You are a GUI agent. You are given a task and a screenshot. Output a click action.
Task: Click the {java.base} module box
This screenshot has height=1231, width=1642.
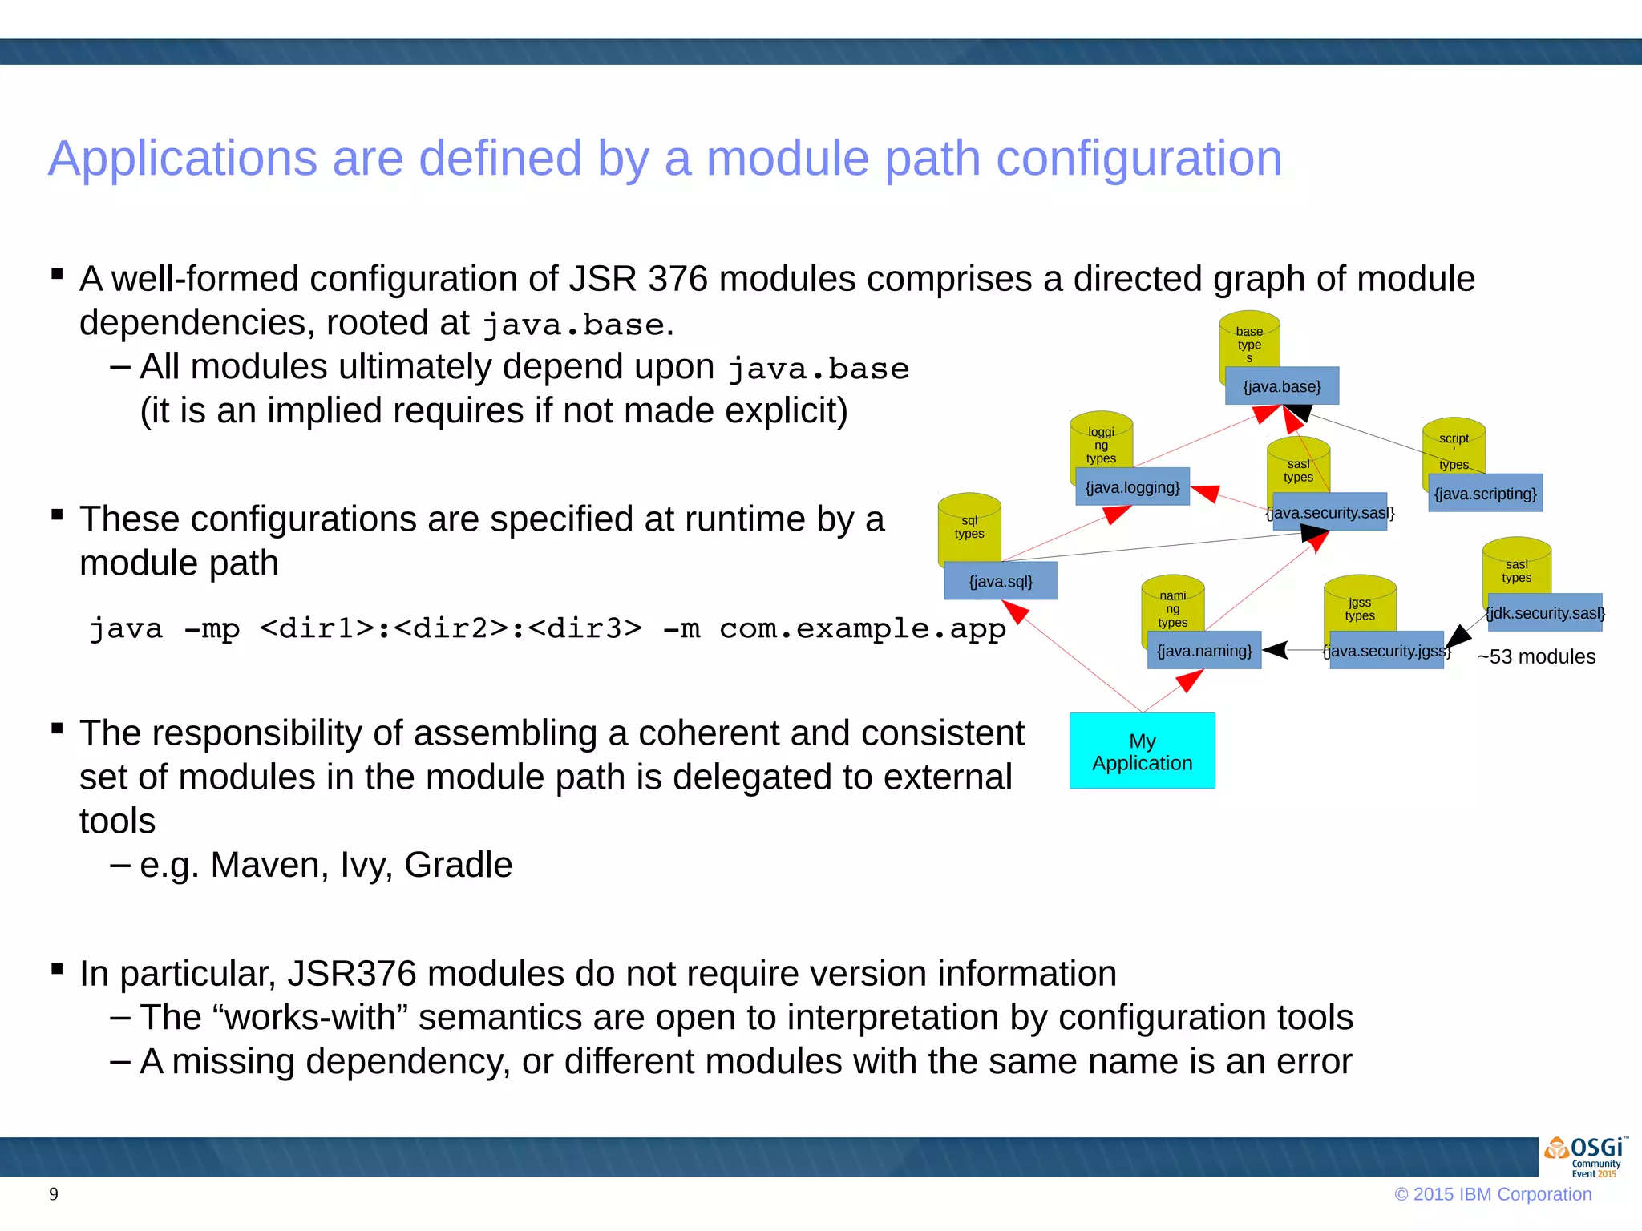pyautogui.click(x=1281, y=386)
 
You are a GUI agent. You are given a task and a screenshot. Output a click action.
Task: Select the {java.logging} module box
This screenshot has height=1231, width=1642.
pyautogui.click(x=1132, y=487)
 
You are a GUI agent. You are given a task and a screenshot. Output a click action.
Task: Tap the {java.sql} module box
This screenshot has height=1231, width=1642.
pyautogui.click(x=1001, y=581)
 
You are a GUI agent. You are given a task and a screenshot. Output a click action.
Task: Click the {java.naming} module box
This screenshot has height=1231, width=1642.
pyautogui.click(x=1203, y=651)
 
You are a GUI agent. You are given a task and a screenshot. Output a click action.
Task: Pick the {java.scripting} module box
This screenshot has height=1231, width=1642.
pyautogui.click(x=1485, y=494)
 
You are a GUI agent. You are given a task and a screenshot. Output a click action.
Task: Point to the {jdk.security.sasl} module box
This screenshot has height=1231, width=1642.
pyautogui.click(x=1544, y=613)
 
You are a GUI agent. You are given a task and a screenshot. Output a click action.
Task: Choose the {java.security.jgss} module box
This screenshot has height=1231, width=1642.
pyautogui.click(x=1386, y=651)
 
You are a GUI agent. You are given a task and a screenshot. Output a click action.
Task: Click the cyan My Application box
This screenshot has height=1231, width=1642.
pyautogui.click(x=1142, y=752)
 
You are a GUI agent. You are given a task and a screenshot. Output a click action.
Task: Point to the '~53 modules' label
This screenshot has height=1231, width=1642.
pyautogui.click(x=1536, y=656)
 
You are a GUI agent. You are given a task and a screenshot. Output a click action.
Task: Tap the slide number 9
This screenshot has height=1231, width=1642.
pyautogui.click(x=54, y=1194)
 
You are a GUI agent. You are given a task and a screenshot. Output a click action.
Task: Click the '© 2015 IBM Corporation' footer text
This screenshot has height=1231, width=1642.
pyautogui.click(x=1493, y=1194)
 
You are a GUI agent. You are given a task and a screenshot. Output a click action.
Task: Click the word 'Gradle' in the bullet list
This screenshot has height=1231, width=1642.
pyautogui.click(x=458, y=865)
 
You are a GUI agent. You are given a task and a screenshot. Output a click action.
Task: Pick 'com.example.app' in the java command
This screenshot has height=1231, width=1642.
pyautogui.click(x=862, y=628)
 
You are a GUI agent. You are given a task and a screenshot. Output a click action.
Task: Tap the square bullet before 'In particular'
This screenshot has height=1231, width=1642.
pyautogui.click(x=57, y=969)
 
